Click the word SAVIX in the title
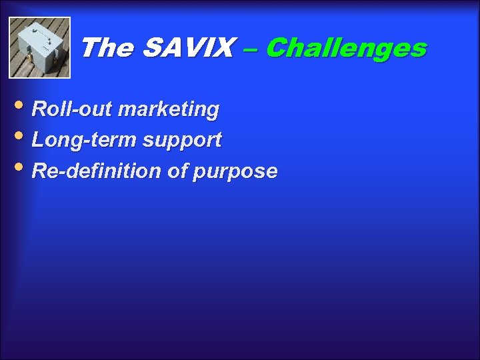pyautogui.click(x=188, y=48)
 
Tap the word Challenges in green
pyautogui.click(x=346, y=48)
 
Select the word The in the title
pyautogui.click(x=108, y=48)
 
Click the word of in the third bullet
pyautogui.click(x=177, y=171)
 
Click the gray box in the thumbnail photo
pyautogui.click(x=39, y=45)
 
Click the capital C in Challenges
pyautogui.click(x=277, y=48)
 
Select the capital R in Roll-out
pyautogui.click(x=39, y=109)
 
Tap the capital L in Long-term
pyautogui.click(x=38, y=140)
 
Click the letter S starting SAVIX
pyautogui.click(x=153, y=48)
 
